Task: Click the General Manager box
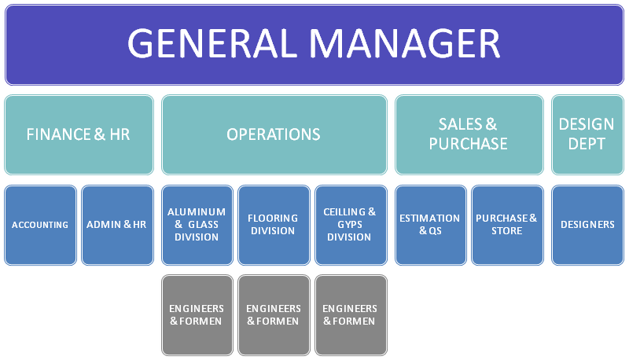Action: click(x=314, y=43)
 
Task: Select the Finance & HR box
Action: click(x=79, y=134)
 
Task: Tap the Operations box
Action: click(x=274, y=134)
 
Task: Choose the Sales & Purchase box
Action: click(x=469, y=134)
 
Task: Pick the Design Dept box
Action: click(x=587, y=134)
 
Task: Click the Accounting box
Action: click(x=40, y=225)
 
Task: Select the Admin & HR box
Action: click(x=117, y=225)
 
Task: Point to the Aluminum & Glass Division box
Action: click(x=197, y=225)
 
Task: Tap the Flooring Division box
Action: click(x=272, y=225)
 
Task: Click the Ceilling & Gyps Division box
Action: click(x=349, y=225)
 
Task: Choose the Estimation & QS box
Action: click(x=429, y=225)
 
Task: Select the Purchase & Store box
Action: click(x=507, y=225)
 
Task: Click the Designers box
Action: click(x=587, y=225)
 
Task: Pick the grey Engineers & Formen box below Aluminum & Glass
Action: click(x=197, y=314)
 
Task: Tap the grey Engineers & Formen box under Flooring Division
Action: click(x=272, y=314)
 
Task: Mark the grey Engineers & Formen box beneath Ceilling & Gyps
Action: click(x=349, y=314)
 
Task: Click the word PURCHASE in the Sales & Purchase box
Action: click(x=469, y=144)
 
